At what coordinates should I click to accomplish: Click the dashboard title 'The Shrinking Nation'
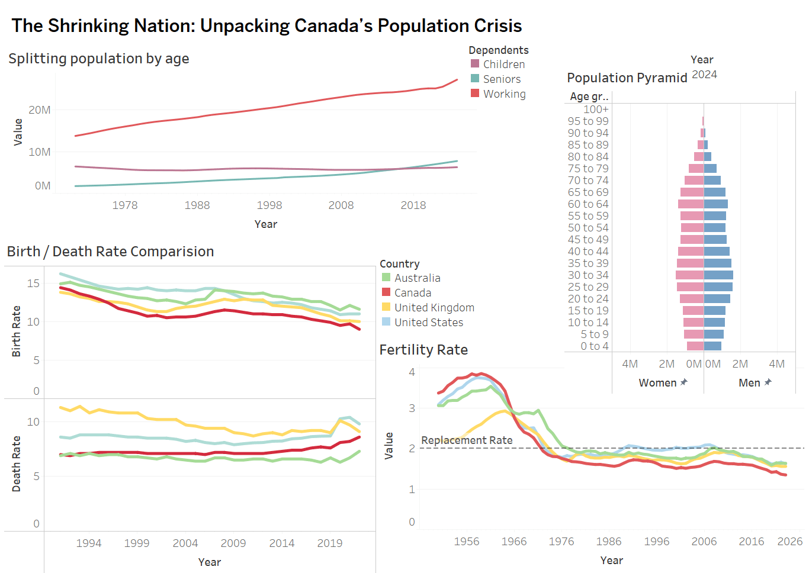tap(266, 26)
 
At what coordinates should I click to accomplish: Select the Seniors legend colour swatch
tap(475, 79)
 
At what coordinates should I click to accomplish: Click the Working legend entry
tap(504, 94)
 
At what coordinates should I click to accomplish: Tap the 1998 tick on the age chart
tap(269, 205)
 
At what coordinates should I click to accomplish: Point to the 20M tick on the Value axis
tap(40, 110)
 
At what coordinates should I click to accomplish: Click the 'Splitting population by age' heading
tap(99, 59)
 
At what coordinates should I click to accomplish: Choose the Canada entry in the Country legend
tap(412, 293)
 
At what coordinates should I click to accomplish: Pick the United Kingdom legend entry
tap(434, 308)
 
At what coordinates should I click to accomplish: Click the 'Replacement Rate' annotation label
tap(467, 440)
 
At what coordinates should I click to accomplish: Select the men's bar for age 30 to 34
tap(718, 275)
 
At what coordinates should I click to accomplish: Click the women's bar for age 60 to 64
tap(691, 204)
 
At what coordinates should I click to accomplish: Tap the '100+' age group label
tap(596, 110)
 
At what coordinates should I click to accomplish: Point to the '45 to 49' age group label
tap(588, 240)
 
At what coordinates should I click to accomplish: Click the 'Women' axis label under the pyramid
tap(657, 383)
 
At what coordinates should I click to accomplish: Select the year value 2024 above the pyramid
tap(704, 75)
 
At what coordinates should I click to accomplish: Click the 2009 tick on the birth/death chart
tap(233, 543)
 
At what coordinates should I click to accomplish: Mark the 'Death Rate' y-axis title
tap(17, 464)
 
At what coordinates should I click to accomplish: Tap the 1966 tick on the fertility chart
tap(513, 542)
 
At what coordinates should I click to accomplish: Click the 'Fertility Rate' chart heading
tap(423, 350)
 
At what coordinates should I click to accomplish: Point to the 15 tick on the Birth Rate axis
tap(33, 284)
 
